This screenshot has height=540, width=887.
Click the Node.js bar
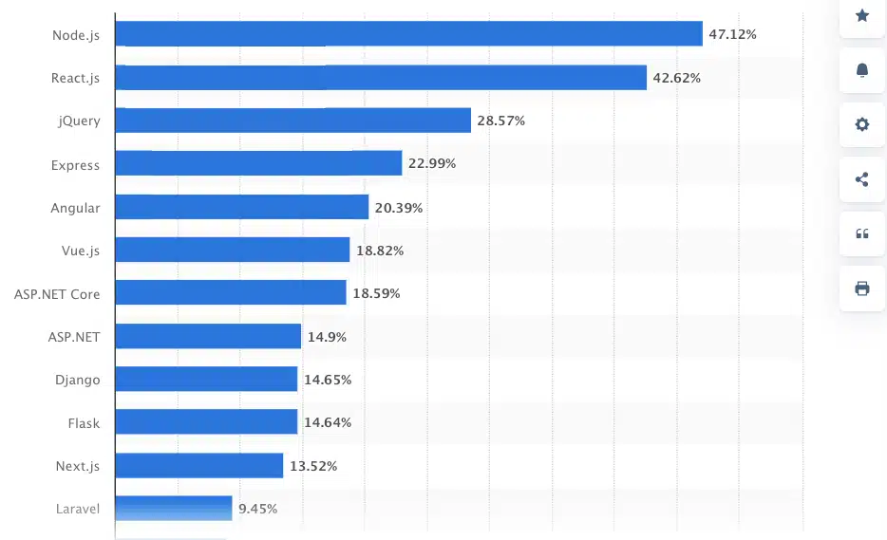408,34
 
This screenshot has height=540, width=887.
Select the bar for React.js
381,78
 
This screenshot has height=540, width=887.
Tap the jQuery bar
293,121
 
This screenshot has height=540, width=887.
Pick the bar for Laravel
174,509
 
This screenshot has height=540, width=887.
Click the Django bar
206,380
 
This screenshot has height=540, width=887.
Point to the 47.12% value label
732,34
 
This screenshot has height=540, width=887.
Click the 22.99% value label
432,164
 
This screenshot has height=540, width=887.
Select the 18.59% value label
376,294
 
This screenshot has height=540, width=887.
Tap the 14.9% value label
327,337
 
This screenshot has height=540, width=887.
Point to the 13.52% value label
313,466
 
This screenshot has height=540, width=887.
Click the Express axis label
75,165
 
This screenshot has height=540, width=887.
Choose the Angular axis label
75,208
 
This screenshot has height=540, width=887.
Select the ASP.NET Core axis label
57,294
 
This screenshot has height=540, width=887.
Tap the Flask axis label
84,423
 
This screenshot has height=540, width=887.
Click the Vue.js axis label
80,251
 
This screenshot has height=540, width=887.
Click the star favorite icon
862,15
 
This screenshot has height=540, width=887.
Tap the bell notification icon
862,70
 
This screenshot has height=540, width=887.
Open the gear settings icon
862,124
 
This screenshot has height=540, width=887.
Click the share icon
862,179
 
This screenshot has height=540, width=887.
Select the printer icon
862,289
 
